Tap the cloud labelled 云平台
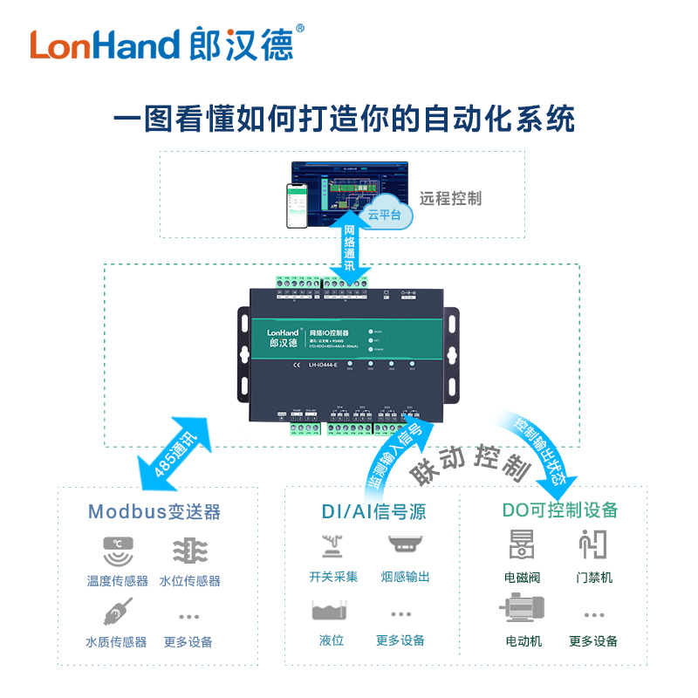tap(385, 212)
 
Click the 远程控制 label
tap(450, 198)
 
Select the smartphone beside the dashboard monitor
tap(300, 206)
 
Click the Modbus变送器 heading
tap(154, 511)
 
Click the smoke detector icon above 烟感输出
tap(405, 544)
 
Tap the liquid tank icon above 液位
tap(332, 609)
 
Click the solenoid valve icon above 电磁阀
tap(522, 544)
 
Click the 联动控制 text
tap(471, 462)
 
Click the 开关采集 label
tap(333, 578)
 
